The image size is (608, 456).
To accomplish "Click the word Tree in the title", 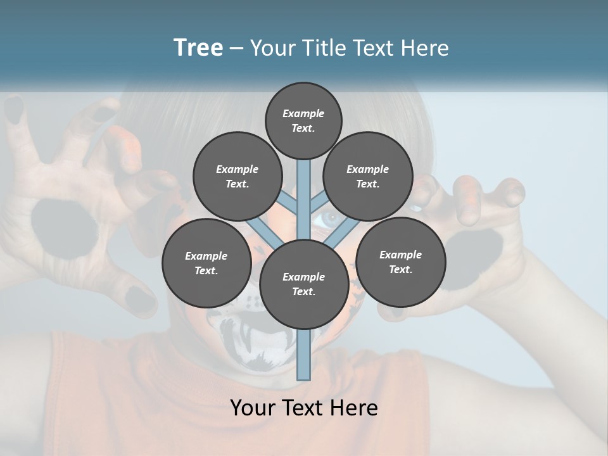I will pyautogui.click(x=198, y=48).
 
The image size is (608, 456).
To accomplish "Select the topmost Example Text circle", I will pyautogui.click(x=303, y=120).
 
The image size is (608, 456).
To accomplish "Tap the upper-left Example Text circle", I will pyautogui.click(x=237, y=176).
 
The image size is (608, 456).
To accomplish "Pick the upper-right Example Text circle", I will pyautogui.click(x=368, y=176).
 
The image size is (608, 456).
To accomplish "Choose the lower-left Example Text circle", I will pyautogui.click(x=206, y=263).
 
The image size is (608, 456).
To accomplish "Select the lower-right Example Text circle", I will pyautogui.click(x=400, y=262).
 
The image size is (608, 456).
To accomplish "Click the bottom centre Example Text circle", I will pyautogui.click(x=303, y=284).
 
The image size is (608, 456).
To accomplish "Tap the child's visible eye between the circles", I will pyautogui.click(x=329, y=220).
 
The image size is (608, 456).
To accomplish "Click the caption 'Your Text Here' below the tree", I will pyautogui.click(x=303, y=407).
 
